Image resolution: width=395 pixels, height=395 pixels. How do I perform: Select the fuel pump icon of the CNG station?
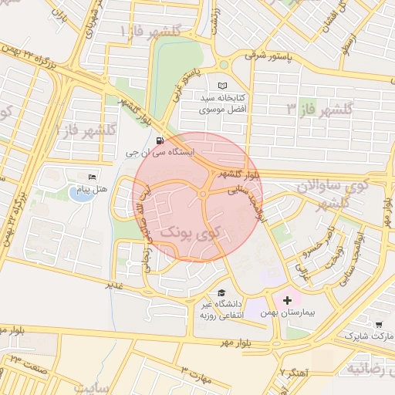click(159, 140)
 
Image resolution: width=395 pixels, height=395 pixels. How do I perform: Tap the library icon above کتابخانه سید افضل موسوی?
click(223, 85)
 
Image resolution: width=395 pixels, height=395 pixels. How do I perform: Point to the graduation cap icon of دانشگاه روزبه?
click(222, 292)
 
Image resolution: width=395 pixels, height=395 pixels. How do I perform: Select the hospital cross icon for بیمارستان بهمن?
click(288, 299)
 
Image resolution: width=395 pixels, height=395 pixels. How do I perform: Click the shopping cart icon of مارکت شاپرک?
click(378, 325)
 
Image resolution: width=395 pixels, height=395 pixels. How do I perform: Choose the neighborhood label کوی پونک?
click(191, 232)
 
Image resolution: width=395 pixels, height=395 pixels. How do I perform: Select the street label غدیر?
click(115, 285)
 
